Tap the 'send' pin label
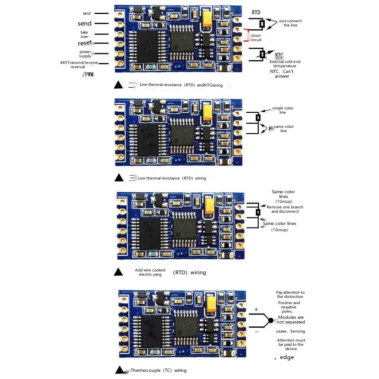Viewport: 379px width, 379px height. [84, 23]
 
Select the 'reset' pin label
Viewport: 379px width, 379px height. [84, 43]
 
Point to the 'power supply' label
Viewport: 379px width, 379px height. [85, 54]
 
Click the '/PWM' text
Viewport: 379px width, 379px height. [88, 74]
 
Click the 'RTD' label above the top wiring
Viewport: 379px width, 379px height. [256, 12]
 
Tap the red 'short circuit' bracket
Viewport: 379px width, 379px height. [246, 36]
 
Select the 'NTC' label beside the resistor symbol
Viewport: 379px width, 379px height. [279, 55]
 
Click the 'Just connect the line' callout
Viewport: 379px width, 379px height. [290, 23]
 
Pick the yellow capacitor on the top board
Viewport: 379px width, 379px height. [207, 19]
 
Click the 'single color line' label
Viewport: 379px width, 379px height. [283, 110]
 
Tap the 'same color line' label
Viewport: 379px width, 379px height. [283, 128]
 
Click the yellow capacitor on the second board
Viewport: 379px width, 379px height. [207, 112]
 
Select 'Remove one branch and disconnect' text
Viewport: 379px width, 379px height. [284, 209]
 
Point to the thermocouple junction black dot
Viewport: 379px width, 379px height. [271, 321]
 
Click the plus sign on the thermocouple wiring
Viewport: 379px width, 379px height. [256, 310]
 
